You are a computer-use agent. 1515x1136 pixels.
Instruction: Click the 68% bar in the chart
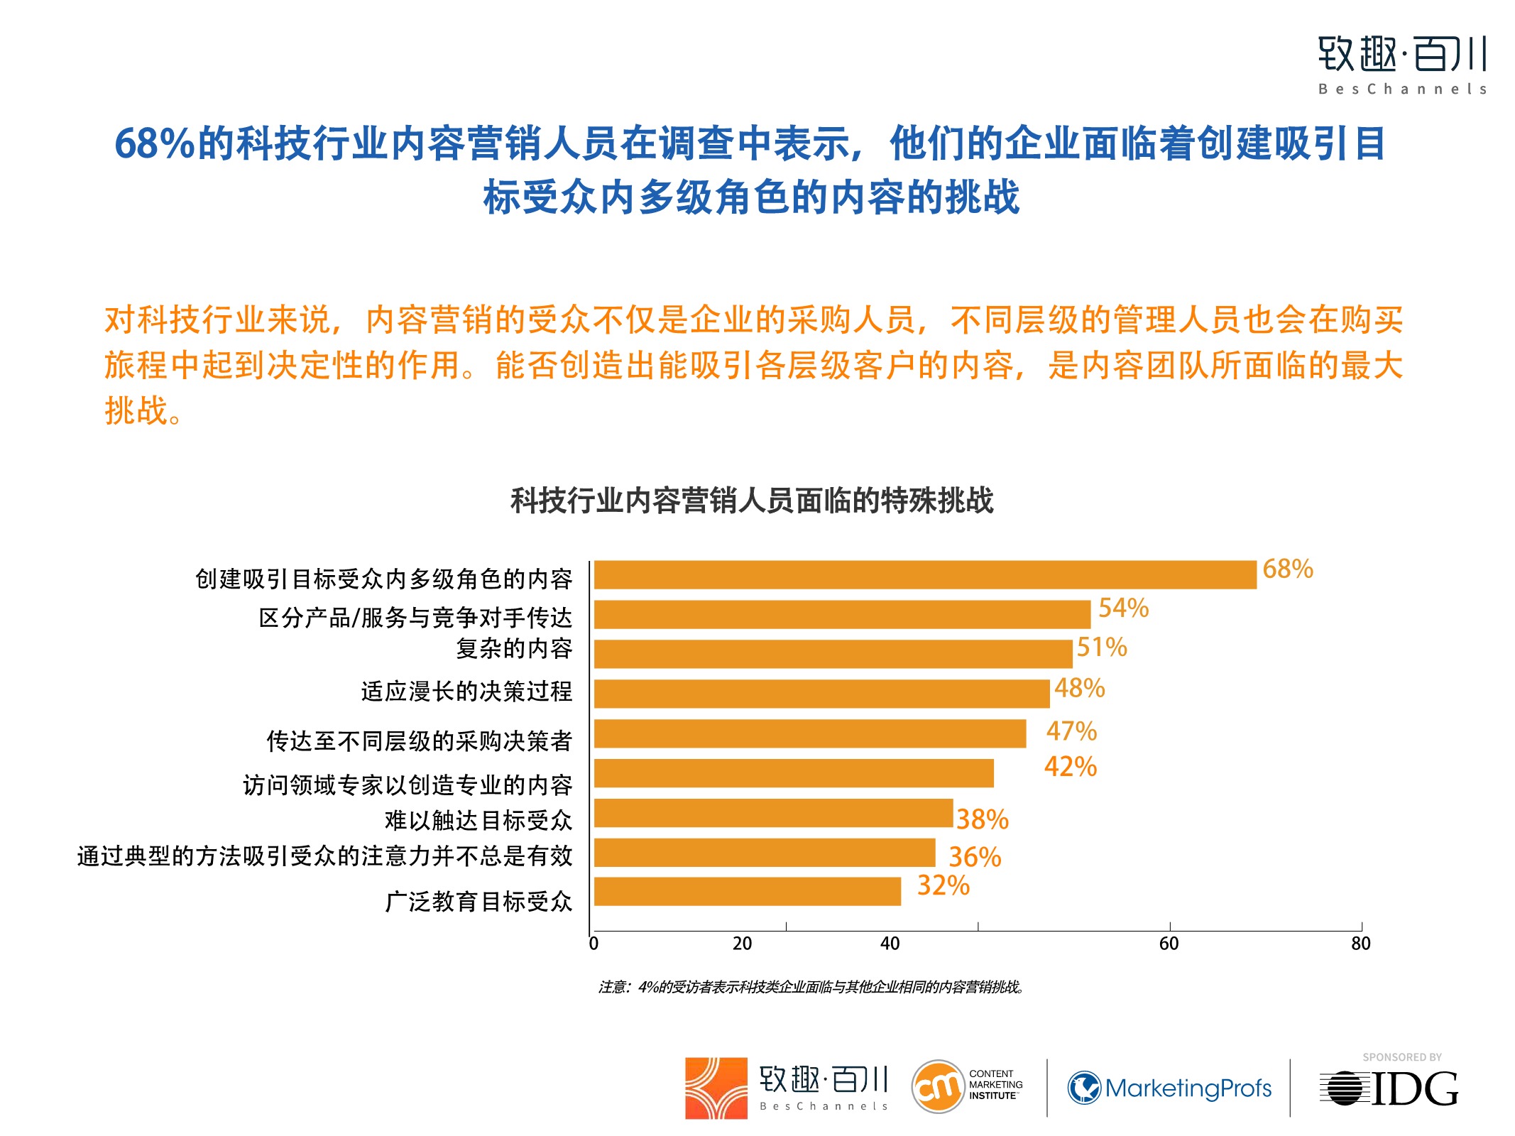(924, 575)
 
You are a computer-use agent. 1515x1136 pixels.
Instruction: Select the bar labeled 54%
(842, 615)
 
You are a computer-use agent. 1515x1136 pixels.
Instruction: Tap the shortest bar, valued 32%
(747, 892)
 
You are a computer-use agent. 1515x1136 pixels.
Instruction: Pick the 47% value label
(1071, 731)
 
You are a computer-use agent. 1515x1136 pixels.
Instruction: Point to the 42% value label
(1071, 768)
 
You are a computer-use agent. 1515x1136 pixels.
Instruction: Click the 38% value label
(982, 820)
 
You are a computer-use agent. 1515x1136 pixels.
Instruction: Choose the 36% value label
(975, 858)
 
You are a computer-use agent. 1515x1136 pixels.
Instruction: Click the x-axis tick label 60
(1169, 944)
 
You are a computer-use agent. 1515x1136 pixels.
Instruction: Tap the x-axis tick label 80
(1360, 944)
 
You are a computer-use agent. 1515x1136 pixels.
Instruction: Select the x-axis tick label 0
(594, 944)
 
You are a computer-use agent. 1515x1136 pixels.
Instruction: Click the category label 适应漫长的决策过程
(466, 692)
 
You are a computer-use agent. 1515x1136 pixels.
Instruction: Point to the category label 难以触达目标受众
(478, 821)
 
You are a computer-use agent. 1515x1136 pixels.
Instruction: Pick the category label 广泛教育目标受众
(478, 902)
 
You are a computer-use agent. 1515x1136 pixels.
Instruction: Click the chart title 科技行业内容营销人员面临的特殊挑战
(752, 501)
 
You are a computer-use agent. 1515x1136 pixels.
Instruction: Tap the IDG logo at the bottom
(1389, 1088)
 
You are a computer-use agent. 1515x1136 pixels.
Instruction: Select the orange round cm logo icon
(938, 1086)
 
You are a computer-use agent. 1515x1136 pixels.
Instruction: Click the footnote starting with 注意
(811, 987)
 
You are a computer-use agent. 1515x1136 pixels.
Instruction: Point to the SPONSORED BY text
(1401, 1057)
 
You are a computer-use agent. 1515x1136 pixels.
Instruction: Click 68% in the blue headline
(154, 143)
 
